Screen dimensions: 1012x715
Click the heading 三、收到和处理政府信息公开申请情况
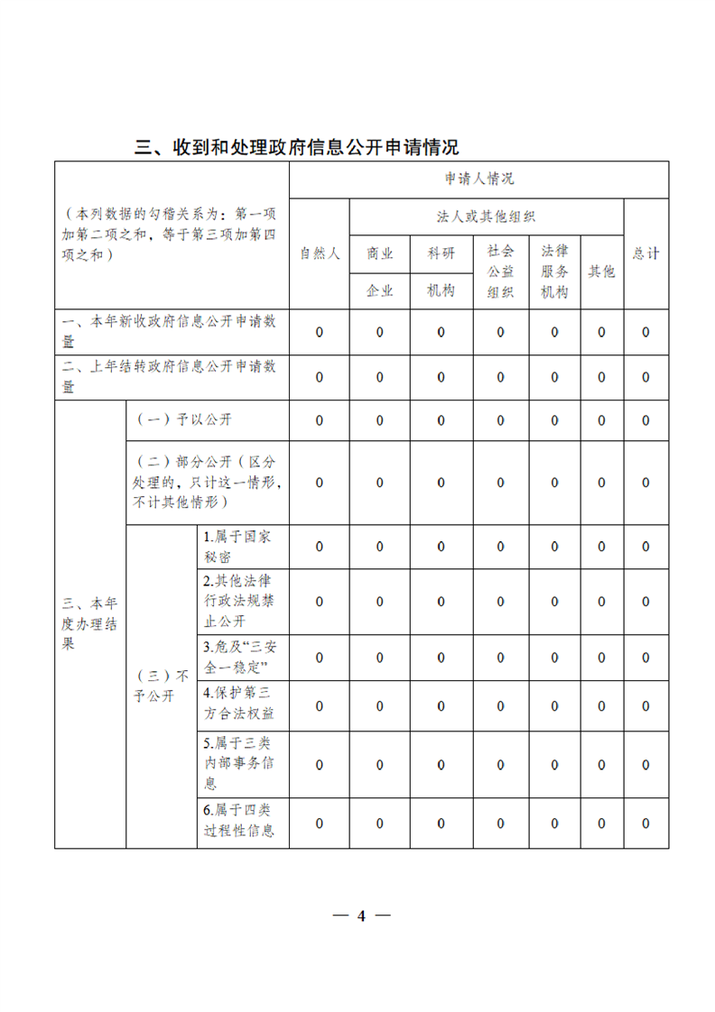297,147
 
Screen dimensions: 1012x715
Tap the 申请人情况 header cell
478,179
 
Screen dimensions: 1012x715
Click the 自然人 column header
319,253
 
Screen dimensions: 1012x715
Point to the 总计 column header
645,253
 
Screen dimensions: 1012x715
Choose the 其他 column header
601,271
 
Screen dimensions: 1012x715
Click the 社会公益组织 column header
500,271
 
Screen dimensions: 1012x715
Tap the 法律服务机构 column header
554,271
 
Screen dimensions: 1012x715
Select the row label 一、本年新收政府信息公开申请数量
170,332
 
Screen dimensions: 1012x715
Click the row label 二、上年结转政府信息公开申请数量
170,377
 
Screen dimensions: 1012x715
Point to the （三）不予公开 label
161,685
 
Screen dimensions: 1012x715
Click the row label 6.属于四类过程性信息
239,823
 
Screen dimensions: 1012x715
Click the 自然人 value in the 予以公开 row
319,420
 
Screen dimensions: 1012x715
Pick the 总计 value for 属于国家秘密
645,546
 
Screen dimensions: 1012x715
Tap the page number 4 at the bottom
361,915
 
